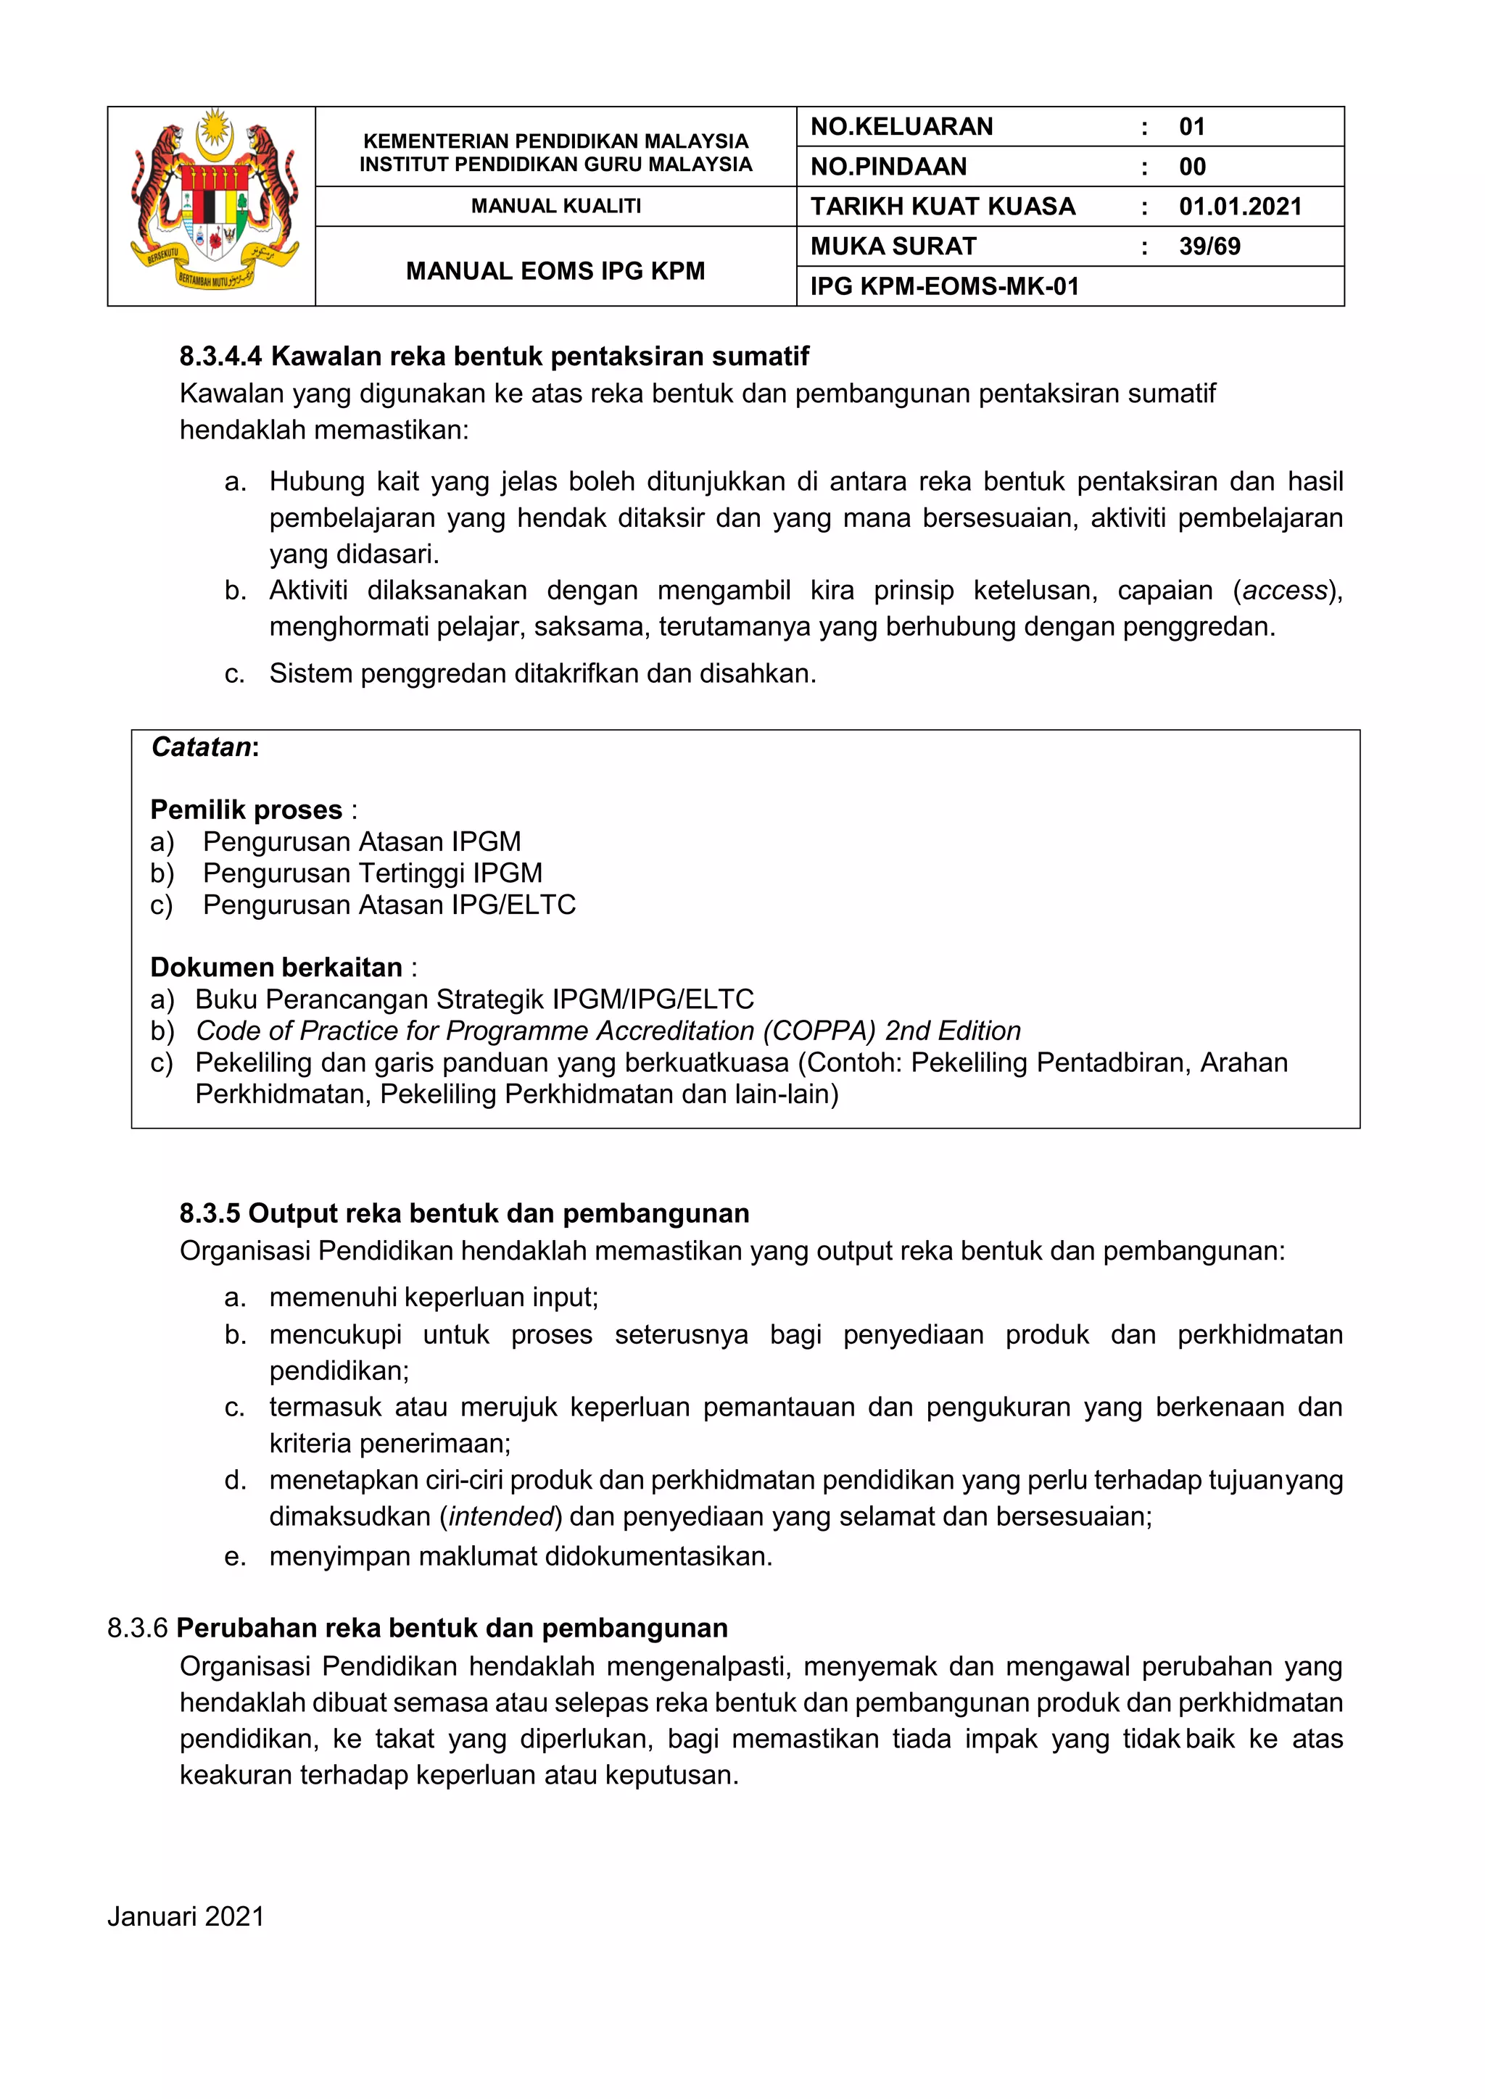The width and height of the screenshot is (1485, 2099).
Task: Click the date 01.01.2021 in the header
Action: [x=1240, y=207]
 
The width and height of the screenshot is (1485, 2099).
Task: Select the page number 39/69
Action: [x=1209, y=247]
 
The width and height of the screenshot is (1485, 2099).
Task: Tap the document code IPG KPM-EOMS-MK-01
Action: [x=945, y=287]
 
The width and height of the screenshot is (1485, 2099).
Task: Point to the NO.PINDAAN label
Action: [x=888, y=167]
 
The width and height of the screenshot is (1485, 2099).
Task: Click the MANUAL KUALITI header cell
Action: [x=556, y=207]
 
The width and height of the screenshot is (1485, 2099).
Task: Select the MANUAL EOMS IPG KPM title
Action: [x=556, y=272]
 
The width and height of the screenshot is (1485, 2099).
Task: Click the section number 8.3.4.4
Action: [x=220, y=357]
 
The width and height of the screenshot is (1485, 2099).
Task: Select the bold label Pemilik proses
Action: [x=246, y=810]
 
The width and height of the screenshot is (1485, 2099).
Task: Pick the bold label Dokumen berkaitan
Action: [x=276, y=967]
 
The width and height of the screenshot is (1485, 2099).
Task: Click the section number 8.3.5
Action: [x=210, y=1214]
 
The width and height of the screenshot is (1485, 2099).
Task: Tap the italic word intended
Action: [x=501, y=1517]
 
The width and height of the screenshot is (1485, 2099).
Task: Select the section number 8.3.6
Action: [x=137, y=1628]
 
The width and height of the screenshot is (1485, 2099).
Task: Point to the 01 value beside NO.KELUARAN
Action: [x=1191, y=127]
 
